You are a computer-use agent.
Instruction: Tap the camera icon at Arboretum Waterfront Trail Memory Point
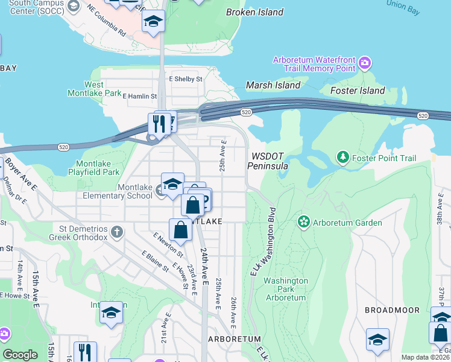pos(364,63)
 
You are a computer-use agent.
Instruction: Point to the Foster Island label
pos(358,91)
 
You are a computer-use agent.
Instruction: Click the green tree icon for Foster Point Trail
pos(343,158)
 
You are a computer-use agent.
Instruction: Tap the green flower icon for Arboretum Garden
pos(304,223)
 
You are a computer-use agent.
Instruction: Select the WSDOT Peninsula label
pos(270,160)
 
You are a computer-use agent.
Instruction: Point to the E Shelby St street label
pos(186,78)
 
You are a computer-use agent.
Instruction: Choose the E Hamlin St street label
pos(139,96)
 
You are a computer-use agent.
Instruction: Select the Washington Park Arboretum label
pos(286,289)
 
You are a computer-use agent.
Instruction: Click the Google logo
pos(20,355)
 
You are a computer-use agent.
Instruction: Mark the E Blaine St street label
pos(153,261)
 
